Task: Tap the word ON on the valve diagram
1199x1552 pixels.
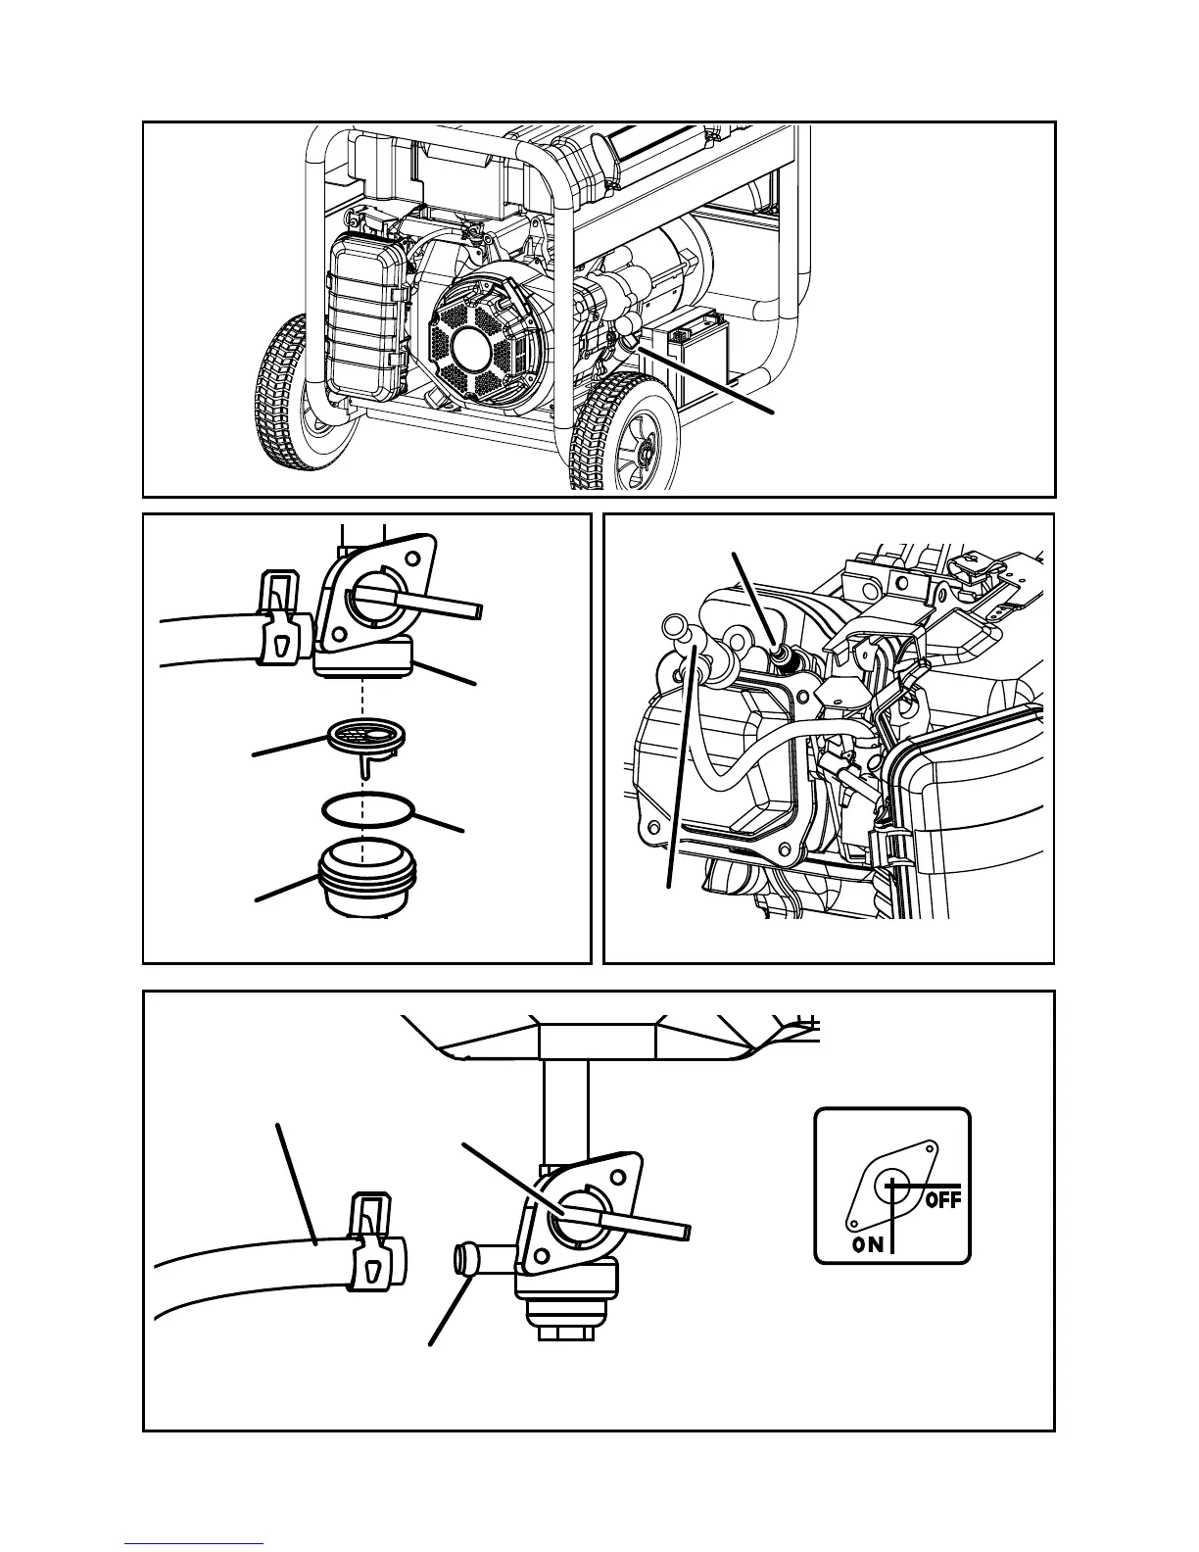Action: [x=867, y=1244]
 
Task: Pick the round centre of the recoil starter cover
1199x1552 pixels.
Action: [x=480, y=349]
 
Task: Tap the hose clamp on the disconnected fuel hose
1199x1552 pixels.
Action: [x=373, y=1239]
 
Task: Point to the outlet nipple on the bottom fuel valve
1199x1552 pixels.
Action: [x=468, y=1257]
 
